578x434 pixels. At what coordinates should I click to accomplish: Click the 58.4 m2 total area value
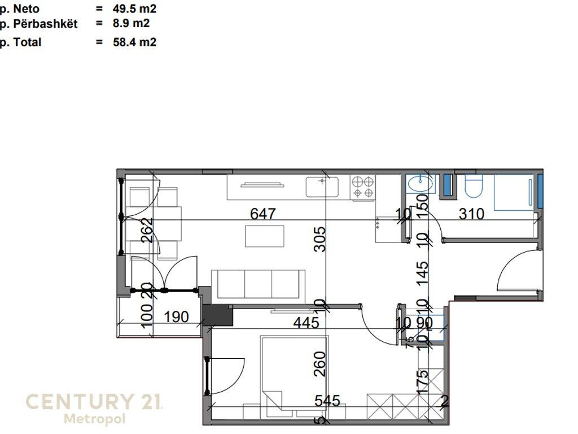(x=134, y=42)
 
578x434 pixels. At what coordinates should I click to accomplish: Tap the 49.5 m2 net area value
(x=134, y=9)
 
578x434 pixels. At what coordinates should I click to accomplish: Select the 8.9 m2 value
(x=131, y=23)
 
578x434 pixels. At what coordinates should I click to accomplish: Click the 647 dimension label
(x=263, y=214)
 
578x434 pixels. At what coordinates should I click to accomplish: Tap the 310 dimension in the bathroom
(x=472, y=214)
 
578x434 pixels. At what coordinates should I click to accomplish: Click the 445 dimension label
(x=306, y=323)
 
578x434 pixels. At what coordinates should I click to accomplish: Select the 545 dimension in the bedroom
(x=327, y=401)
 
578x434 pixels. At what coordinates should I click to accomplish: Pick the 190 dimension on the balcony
(x=176, y=317)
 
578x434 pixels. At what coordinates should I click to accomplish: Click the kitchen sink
(x=322, y=187)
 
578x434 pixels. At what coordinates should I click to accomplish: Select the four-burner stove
(x=363, y=188)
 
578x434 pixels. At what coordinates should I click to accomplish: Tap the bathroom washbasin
(x=421, y=184)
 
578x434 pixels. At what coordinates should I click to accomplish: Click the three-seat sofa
(x=259, y=284)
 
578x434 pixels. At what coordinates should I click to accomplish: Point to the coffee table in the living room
(x=265, y=236)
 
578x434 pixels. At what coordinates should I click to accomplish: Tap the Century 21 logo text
(x=94, y=402)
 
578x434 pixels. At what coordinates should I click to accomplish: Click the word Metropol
(x=94, y=419)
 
